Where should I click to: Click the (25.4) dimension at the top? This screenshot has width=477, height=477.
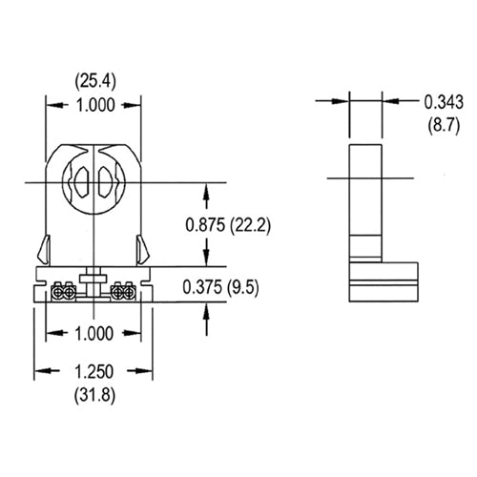click(x=93, y=81)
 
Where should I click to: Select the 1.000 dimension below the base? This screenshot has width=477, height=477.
click(x=93, y=334)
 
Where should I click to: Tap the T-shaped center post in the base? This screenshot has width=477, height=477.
click(x=93, y=282)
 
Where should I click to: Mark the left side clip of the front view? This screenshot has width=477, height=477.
click(x=46, y=249)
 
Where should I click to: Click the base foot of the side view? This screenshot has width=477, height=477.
click(x=386, y=281)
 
